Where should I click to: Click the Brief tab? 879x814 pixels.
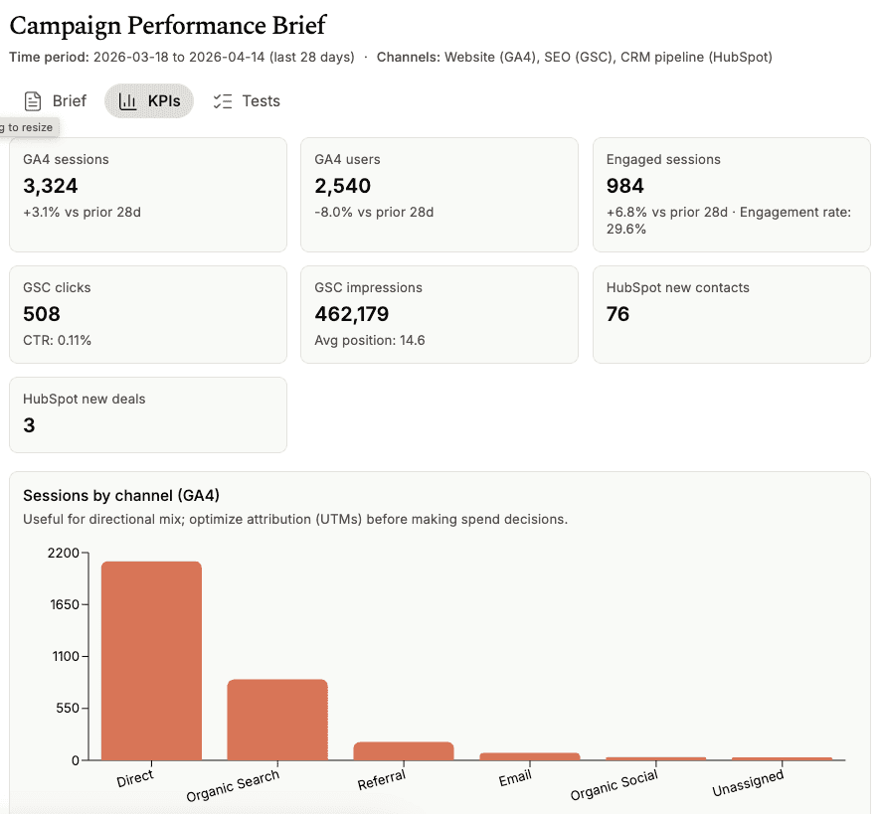click(x=56, y=101)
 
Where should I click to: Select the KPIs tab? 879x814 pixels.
click(x=149, y=101)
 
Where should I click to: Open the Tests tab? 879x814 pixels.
click(x=247, y=101)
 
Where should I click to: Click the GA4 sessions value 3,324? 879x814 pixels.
click(x=51, y=186)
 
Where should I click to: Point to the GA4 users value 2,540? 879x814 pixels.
click(x=343, y=186)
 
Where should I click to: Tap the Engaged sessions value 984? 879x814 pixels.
click(x=625, y=186)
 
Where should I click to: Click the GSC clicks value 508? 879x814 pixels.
click(x=42, y=314)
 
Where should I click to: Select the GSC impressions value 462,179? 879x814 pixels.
click(x=352, y=314)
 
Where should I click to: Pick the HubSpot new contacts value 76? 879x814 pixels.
click(x=618, y=314)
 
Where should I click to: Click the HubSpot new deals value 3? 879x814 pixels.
click(x=30, y=425)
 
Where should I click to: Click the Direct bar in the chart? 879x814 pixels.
click(x=151, y=661)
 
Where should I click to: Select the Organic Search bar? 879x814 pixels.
click(x=277, y=720)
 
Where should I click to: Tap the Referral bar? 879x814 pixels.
click(x=404, y=750)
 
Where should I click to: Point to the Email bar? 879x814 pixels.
click(x=529, y=756)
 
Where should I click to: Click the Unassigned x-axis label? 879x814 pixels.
click(x=748, y=784)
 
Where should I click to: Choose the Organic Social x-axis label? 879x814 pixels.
click(x=615, y=786)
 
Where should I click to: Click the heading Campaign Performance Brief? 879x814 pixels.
click(x=168, y=26)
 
